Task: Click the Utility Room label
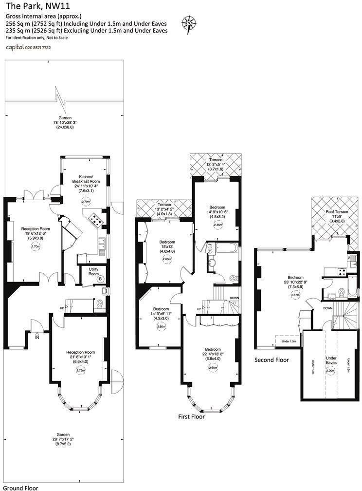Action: [93, 271]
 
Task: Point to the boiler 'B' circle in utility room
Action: [100, 279]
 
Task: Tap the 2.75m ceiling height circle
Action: [80, 370]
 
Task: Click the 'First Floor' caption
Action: [191, 417]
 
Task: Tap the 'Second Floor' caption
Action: [271, 360]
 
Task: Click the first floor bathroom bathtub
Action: [224, 249]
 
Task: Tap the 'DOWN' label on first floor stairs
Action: [235, 298]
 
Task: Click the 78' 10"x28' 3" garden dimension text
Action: [65, 122]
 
